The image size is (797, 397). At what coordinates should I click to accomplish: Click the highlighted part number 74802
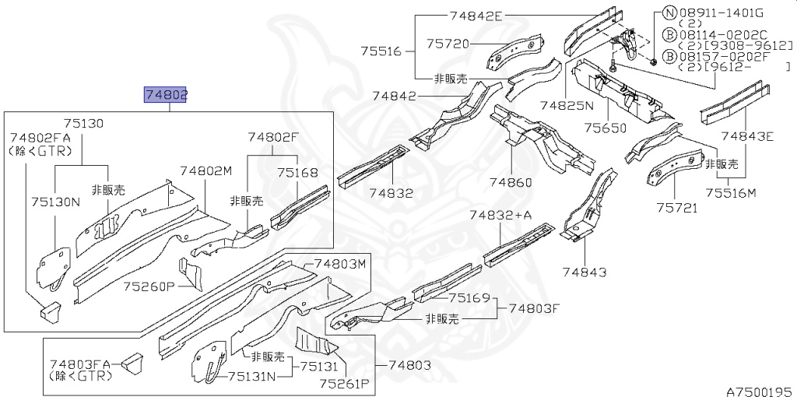[166, 95]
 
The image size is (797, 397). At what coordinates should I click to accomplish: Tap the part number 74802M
[205, 171]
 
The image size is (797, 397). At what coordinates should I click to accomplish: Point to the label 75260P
[149, 286]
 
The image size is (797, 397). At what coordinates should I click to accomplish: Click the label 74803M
[340, 265]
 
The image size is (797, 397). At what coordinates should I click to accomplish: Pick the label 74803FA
[81, 364]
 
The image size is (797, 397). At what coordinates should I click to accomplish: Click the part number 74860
[511, 182]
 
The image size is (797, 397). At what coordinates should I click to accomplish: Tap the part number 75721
[676, 208]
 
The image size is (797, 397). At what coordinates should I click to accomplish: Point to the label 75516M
[731, 193]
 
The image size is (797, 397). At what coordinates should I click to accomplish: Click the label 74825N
[566, 104]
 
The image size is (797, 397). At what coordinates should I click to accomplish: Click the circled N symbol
[669, 12]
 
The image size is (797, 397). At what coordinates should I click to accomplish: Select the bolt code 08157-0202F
[722, 57]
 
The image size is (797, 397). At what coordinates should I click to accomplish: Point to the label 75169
[469, 297]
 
